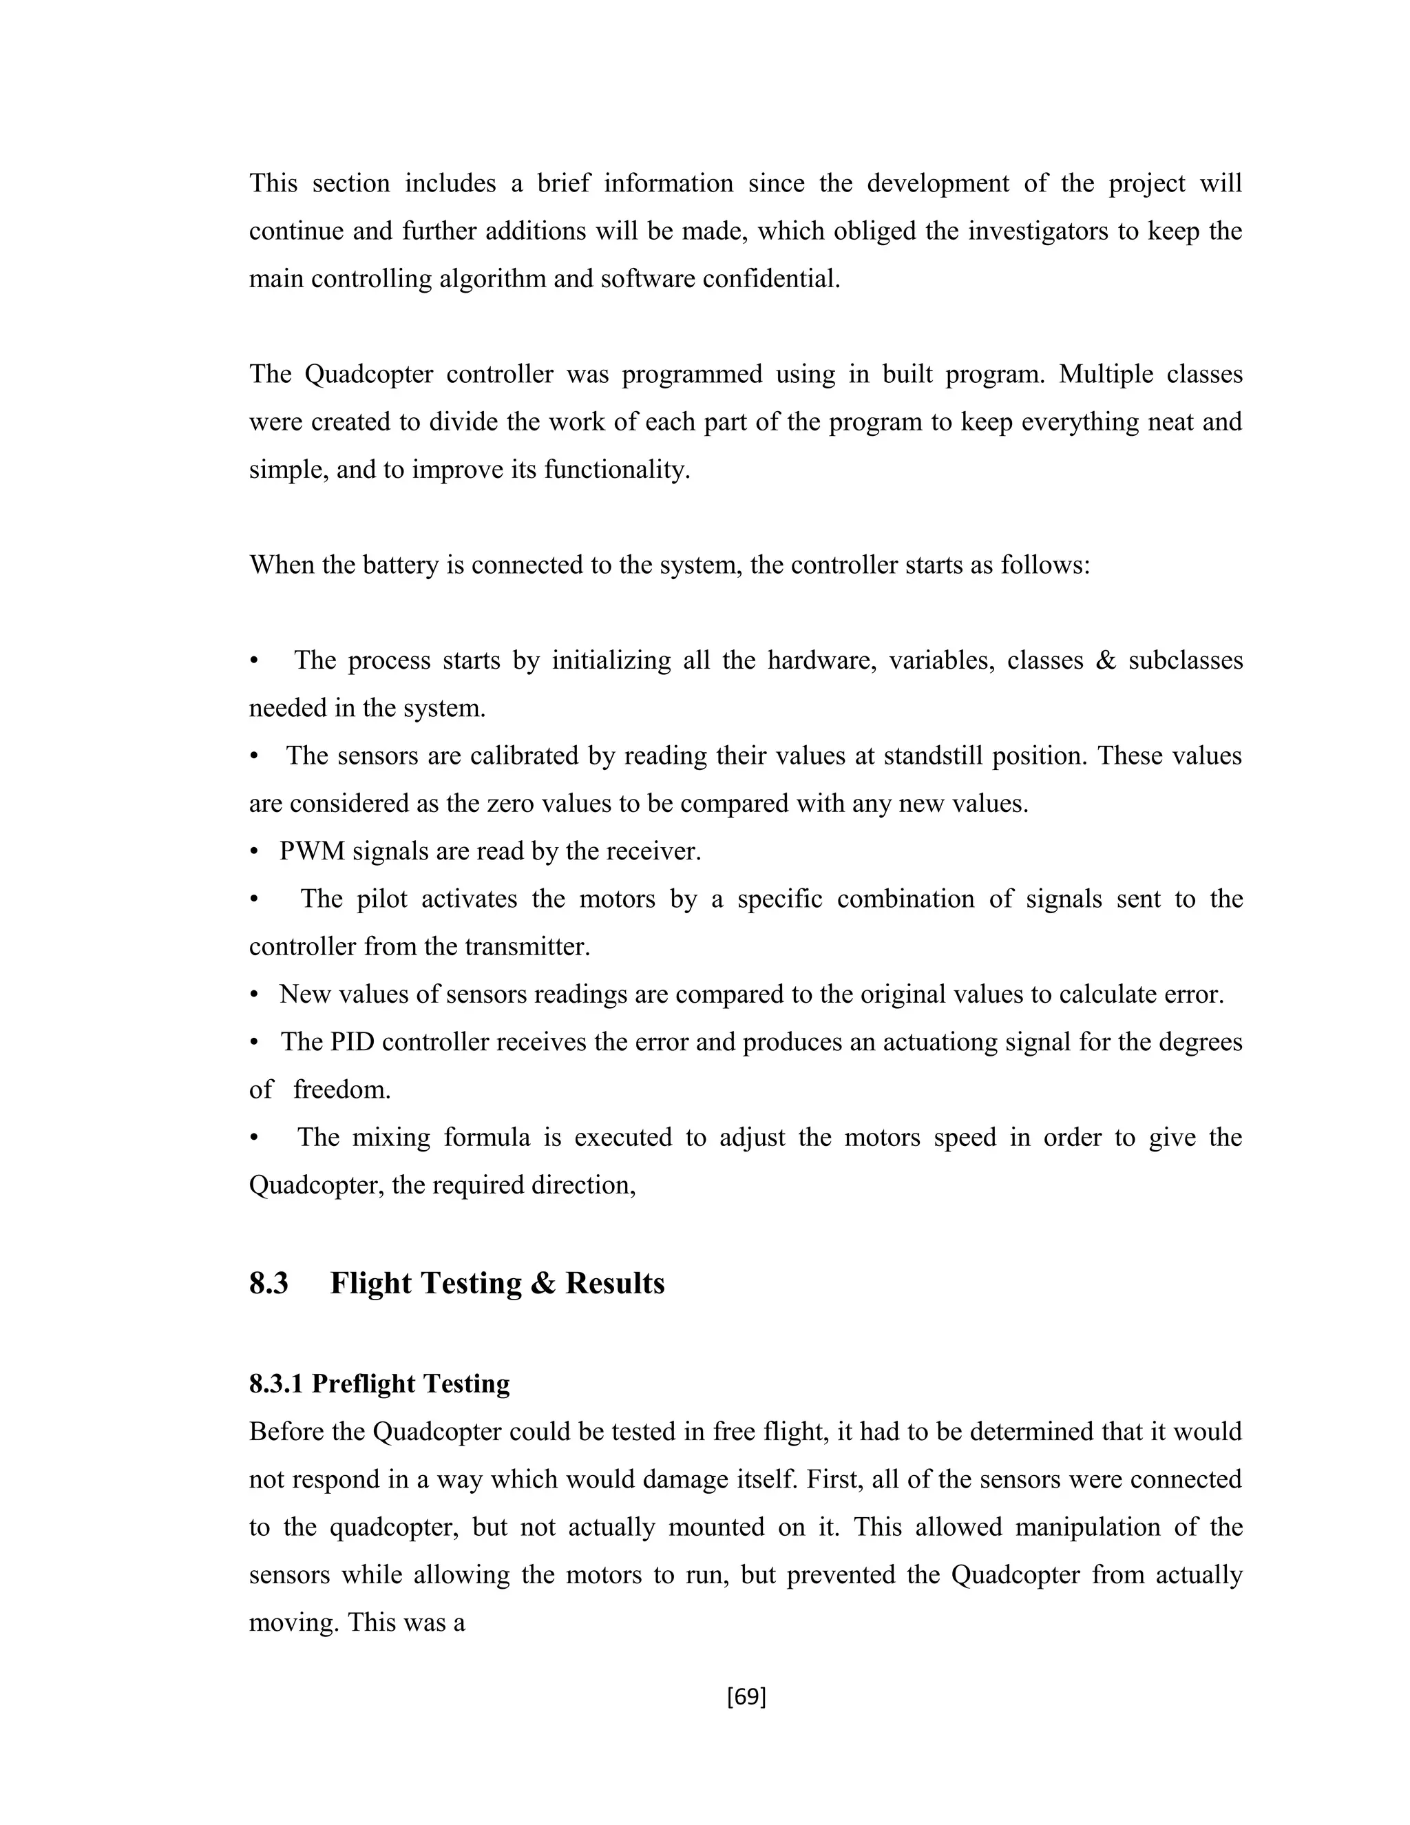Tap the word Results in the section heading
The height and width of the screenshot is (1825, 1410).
(615, 1284)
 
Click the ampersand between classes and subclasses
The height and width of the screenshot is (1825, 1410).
(1105, 661)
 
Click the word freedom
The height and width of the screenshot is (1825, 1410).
(341, 1089)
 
